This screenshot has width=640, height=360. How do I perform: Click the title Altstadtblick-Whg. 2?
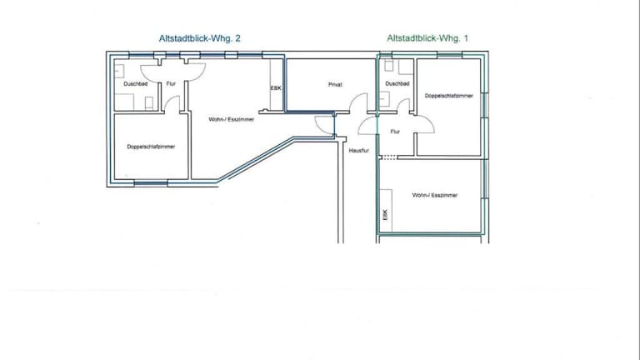pos(200,39)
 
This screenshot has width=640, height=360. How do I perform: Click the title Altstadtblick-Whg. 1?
pos(427,38)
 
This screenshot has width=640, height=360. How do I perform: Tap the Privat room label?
pos(335,85)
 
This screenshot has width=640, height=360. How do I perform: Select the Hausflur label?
pos(359,151)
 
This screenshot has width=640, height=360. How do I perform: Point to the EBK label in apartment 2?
pos(276,88)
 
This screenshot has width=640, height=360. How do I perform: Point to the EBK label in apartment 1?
pos(385,215)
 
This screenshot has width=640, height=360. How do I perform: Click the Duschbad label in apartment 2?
pos(136,84)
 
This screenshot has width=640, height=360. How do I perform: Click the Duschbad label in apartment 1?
pos(397,83)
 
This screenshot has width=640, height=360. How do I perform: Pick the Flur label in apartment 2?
pos(171,84)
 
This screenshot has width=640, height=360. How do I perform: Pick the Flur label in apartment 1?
pos(395,132)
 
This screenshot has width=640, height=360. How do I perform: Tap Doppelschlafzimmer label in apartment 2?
pos(151,147)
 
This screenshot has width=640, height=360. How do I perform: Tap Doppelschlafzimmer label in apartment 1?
pos(449,96)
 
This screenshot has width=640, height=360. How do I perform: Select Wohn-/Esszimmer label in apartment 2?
pos(232,120)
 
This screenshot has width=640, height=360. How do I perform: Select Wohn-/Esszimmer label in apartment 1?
pos(435,196)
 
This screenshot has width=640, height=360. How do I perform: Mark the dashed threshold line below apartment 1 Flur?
pos(388,157)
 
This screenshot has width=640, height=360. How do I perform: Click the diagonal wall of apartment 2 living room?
pos(256,160)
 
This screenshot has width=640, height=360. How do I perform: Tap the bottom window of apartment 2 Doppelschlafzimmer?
pos(151,183)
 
